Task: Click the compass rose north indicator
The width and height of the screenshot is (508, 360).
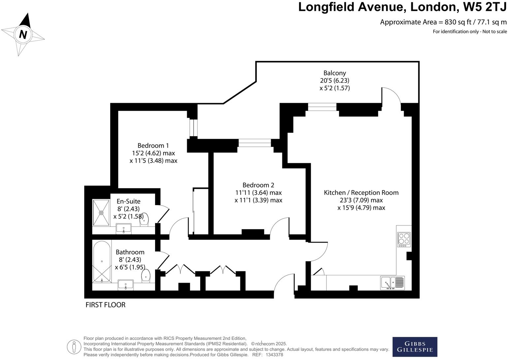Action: coord(23,34)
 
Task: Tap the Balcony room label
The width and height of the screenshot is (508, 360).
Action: coord(334,73)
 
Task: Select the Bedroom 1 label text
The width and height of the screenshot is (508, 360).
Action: coord(153,146)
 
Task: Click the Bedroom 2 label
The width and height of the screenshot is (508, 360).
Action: coord(258,185)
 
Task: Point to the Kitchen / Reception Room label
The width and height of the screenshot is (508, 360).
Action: coord(361,193)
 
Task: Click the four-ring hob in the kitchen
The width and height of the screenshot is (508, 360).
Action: coord(404,240)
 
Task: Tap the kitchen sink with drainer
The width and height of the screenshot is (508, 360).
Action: coord(392,283)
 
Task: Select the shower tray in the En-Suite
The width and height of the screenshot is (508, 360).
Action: coord(101,213)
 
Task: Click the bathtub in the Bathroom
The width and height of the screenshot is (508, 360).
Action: coord(102,262)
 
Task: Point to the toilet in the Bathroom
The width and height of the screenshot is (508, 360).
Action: coord(146,276)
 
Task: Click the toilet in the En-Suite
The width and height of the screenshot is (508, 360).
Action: coord(144,220)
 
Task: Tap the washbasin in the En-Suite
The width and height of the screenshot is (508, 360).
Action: coord(124,228)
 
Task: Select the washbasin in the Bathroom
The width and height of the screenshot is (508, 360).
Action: coord(126,285)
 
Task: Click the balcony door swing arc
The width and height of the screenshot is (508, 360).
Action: coord(392,96)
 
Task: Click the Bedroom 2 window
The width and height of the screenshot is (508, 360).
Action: coord(255,143)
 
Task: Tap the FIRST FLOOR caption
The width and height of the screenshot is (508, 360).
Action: coord(106,305)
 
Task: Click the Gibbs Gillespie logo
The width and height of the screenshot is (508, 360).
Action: coord(415,346)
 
